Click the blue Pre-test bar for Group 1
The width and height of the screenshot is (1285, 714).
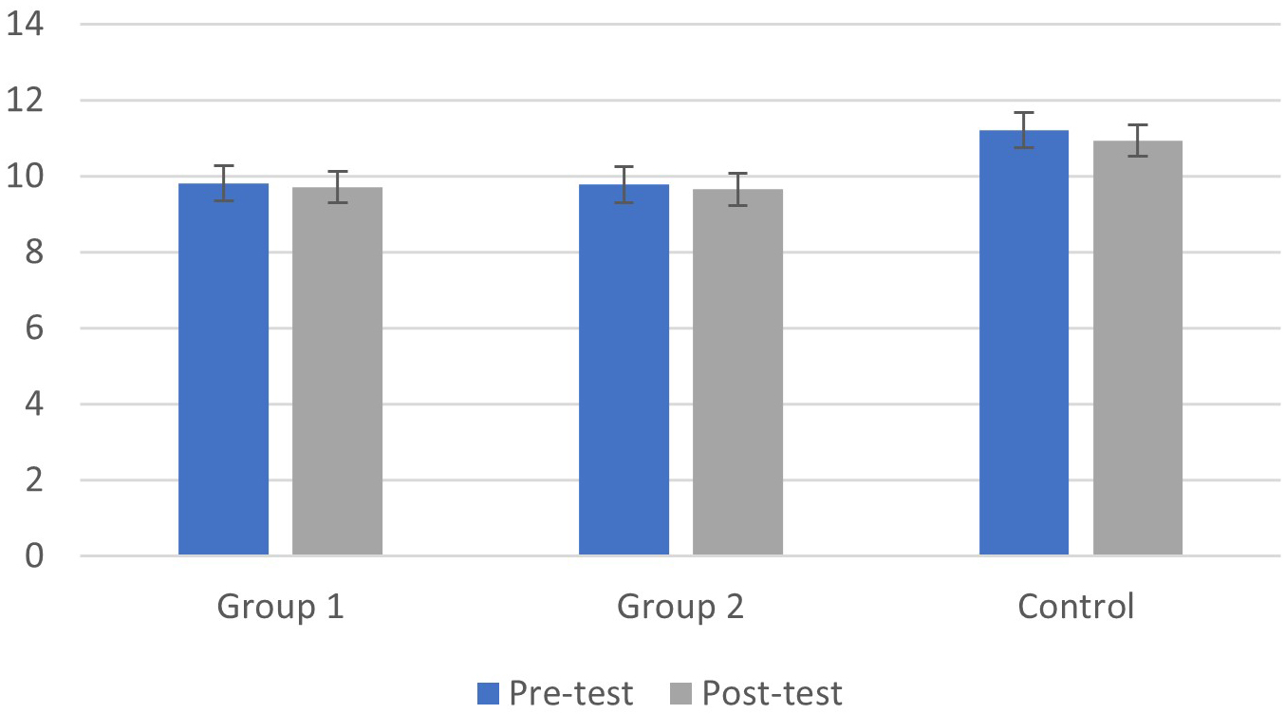[x=224, y=370]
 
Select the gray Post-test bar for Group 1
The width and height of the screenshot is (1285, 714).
[x=337, y=372]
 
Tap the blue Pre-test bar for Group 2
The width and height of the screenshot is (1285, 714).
[x=624, y=370]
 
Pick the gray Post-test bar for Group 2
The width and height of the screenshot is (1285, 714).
[x=737, y=373]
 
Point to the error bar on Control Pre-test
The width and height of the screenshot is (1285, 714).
[x=1024, y=130]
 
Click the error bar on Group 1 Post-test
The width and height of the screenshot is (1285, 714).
[x=337, y=187]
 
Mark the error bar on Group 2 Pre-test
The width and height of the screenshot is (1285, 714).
[x=624, y=184]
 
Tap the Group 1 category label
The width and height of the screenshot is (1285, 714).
[x=281, y=607]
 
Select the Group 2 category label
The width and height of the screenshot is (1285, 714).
[x=680, y=607]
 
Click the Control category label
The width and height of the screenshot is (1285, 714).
[x=1076, y=607]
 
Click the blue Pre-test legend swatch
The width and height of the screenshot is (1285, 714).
[x=488, y=694]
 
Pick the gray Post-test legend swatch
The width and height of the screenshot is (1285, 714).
[x=681, y=694]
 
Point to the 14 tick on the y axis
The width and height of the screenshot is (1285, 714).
[x=26, y=25]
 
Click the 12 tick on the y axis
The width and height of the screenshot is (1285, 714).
[x=26, y=101]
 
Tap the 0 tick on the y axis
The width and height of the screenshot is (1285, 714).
[x=35, y=555]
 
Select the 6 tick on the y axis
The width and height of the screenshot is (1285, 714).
[x=35, y=329]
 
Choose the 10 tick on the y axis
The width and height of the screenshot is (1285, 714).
[x=26, y=177]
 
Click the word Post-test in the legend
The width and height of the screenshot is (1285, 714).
[x=772, y=694]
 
